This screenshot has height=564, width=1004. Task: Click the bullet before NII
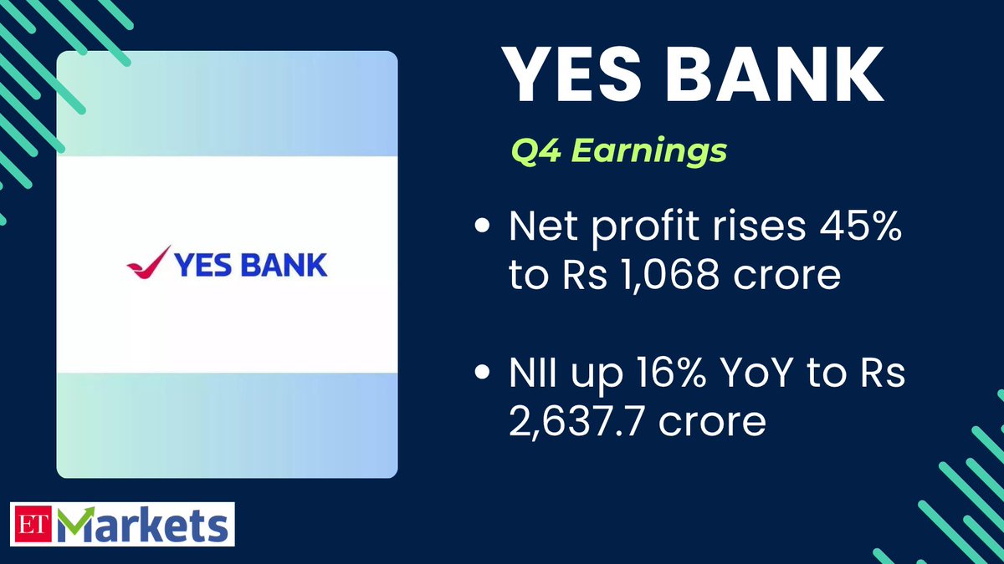tap(482, 375)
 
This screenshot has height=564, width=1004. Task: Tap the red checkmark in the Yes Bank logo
tap(148, 262)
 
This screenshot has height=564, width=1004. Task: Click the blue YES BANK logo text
tap(251, 266)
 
